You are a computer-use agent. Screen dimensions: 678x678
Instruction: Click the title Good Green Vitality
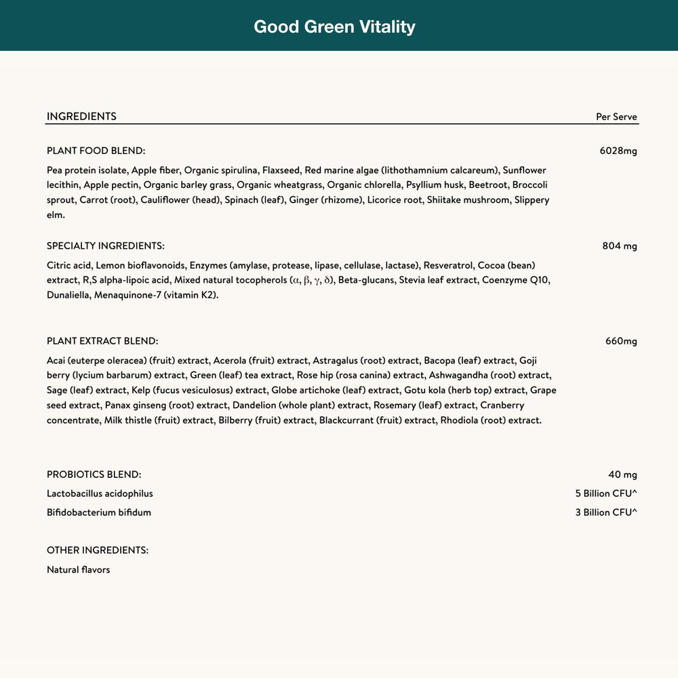[x=334, y=26]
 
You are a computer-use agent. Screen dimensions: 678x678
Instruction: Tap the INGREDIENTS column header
[x=81, y=117]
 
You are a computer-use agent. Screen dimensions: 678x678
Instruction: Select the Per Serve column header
[x=616, y=117]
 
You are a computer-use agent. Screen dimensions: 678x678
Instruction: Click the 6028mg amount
[x=618, y=151]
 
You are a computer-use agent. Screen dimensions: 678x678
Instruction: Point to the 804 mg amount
[x=619, y=246]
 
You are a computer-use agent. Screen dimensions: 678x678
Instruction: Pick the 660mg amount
[x=621, y=341]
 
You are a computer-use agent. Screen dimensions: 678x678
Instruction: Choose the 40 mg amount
[x=622, y=475]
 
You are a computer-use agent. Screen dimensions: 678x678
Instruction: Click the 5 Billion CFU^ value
[x=605, y=494]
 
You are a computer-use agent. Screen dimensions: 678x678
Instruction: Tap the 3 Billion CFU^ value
[x=605, y=513]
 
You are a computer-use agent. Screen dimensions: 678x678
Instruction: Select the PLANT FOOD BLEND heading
[x=96, y=151]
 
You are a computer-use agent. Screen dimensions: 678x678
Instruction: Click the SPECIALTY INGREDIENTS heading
[x=105, y=246]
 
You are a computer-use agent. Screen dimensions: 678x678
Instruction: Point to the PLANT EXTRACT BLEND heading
[x=102, y=341]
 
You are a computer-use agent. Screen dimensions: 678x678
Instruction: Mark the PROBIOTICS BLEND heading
[x=94, y=475]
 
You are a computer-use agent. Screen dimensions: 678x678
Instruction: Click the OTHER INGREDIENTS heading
[x=97, y=551]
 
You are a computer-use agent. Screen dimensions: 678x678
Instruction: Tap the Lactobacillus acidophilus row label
[x=100, y=494]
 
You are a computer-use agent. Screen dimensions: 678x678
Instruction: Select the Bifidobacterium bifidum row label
[x=99, y=513]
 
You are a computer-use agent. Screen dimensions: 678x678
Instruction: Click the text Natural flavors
[x=78, y=570]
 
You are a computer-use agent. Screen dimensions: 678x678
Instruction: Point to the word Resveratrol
[x=447, y=265]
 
